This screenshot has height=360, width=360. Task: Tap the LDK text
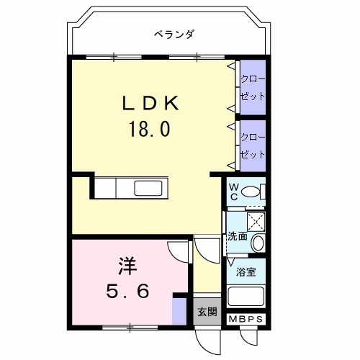tap(149, 103)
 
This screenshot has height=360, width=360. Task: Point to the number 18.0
tap(149, 130)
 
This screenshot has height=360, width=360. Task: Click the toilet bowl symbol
tap(251, 192)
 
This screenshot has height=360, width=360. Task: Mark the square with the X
tap(256, 221)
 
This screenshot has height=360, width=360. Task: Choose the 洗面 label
tap(238, 236)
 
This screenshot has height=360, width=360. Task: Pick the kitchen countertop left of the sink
tap(115, 189)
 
